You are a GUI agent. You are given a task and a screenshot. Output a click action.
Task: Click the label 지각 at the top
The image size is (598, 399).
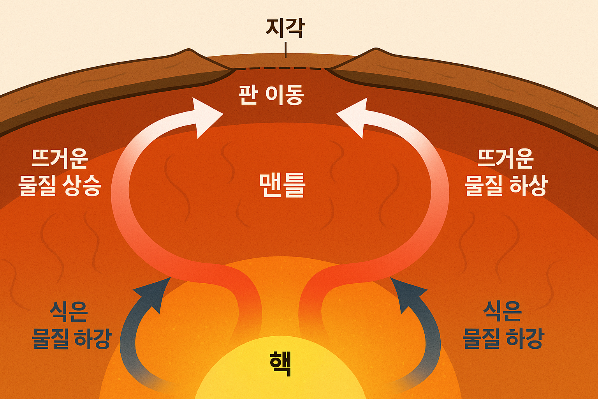click(x=285, y=28)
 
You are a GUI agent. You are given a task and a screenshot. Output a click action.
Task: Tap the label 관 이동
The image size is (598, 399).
click(x=271, y=95)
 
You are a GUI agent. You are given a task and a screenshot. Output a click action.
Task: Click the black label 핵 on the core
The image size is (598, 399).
click(x=280, y=363)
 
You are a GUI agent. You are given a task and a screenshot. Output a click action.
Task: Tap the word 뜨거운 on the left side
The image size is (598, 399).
click(x=60, y=158)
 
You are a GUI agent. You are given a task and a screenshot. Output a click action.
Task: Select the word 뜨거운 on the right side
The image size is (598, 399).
click(x=505, y=158)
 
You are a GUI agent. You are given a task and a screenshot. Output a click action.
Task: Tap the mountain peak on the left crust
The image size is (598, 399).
click(x=189, y=51)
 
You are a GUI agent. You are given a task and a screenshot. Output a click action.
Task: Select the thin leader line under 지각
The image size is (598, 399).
click(x=285, y=50)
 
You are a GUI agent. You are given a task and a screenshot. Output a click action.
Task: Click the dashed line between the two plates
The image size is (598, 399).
click(x=280, y=69)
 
